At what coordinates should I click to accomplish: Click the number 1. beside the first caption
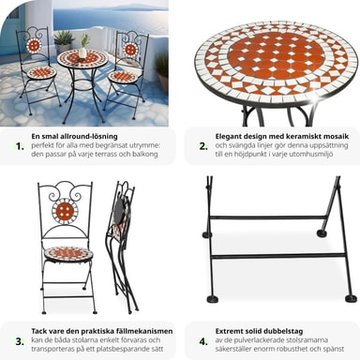coord(20,146)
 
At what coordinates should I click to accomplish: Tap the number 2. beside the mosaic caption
coord(203,146)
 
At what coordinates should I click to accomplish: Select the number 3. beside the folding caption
coord(20,341)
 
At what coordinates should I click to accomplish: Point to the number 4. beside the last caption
coord(203,341)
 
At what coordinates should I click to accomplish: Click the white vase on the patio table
coord(82,52)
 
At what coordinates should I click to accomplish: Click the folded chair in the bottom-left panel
coord(122,247)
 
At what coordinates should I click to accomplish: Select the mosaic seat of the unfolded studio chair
coord(67,252)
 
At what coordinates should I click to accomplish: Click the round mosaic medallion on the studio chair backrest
coord(65,211)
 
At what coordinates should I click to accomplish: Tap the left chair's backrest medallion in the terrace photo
coord(34,46)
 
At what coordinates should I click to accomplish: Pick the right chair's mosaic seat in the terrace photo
coord(123,77)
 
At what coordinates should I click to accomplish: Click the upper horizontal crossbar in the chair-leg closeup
coord(268,217)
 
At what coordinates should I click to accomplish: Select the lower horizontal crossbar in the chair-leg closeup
coord(277,256)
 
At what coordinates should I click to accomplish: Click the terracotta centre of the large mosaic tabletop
coord(275,57)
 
